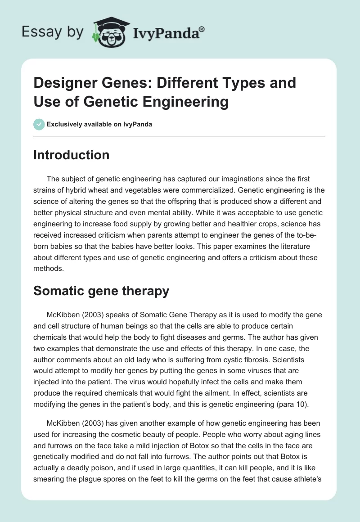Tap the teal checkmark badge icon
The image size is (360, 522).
click(39, 124)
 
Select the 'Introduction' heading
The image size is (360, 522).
click(72, 155)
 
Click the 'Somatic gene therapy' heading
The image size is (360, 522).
click(101, 291)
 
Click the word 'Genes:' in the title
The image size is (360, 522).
click(128, 83)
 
